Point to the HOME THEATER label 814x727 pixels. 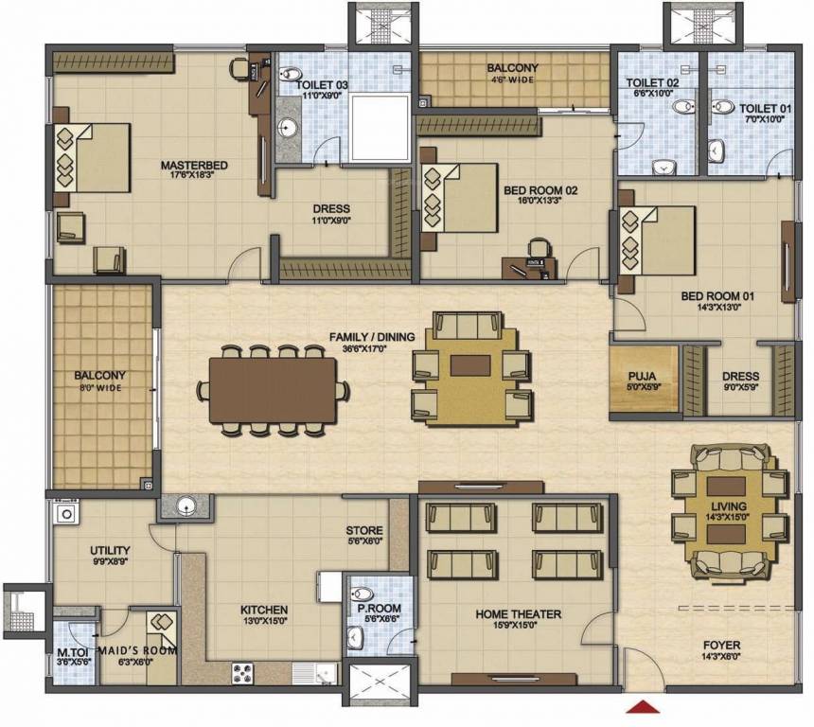518,614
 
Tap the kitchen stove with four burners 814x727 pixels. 242,673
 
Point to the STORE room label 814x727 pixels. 364,530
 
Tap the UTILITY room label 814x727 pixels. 110,550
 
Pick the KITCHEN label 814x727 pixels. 264,610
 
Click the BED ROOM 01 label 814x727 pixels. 717,296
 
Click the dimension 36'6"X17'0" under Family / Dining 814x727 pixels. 365,348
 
